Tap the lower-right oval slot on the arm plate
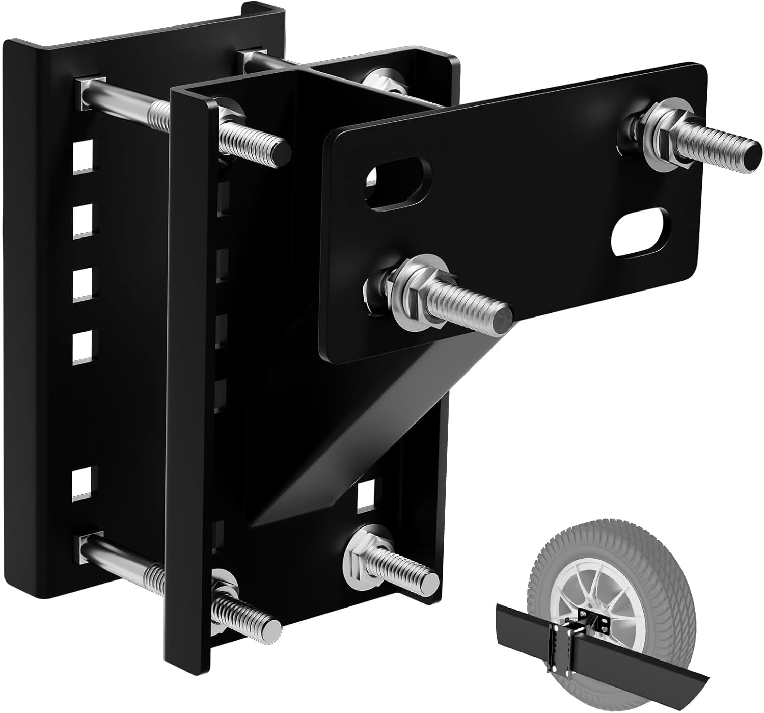pos(640,237)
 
